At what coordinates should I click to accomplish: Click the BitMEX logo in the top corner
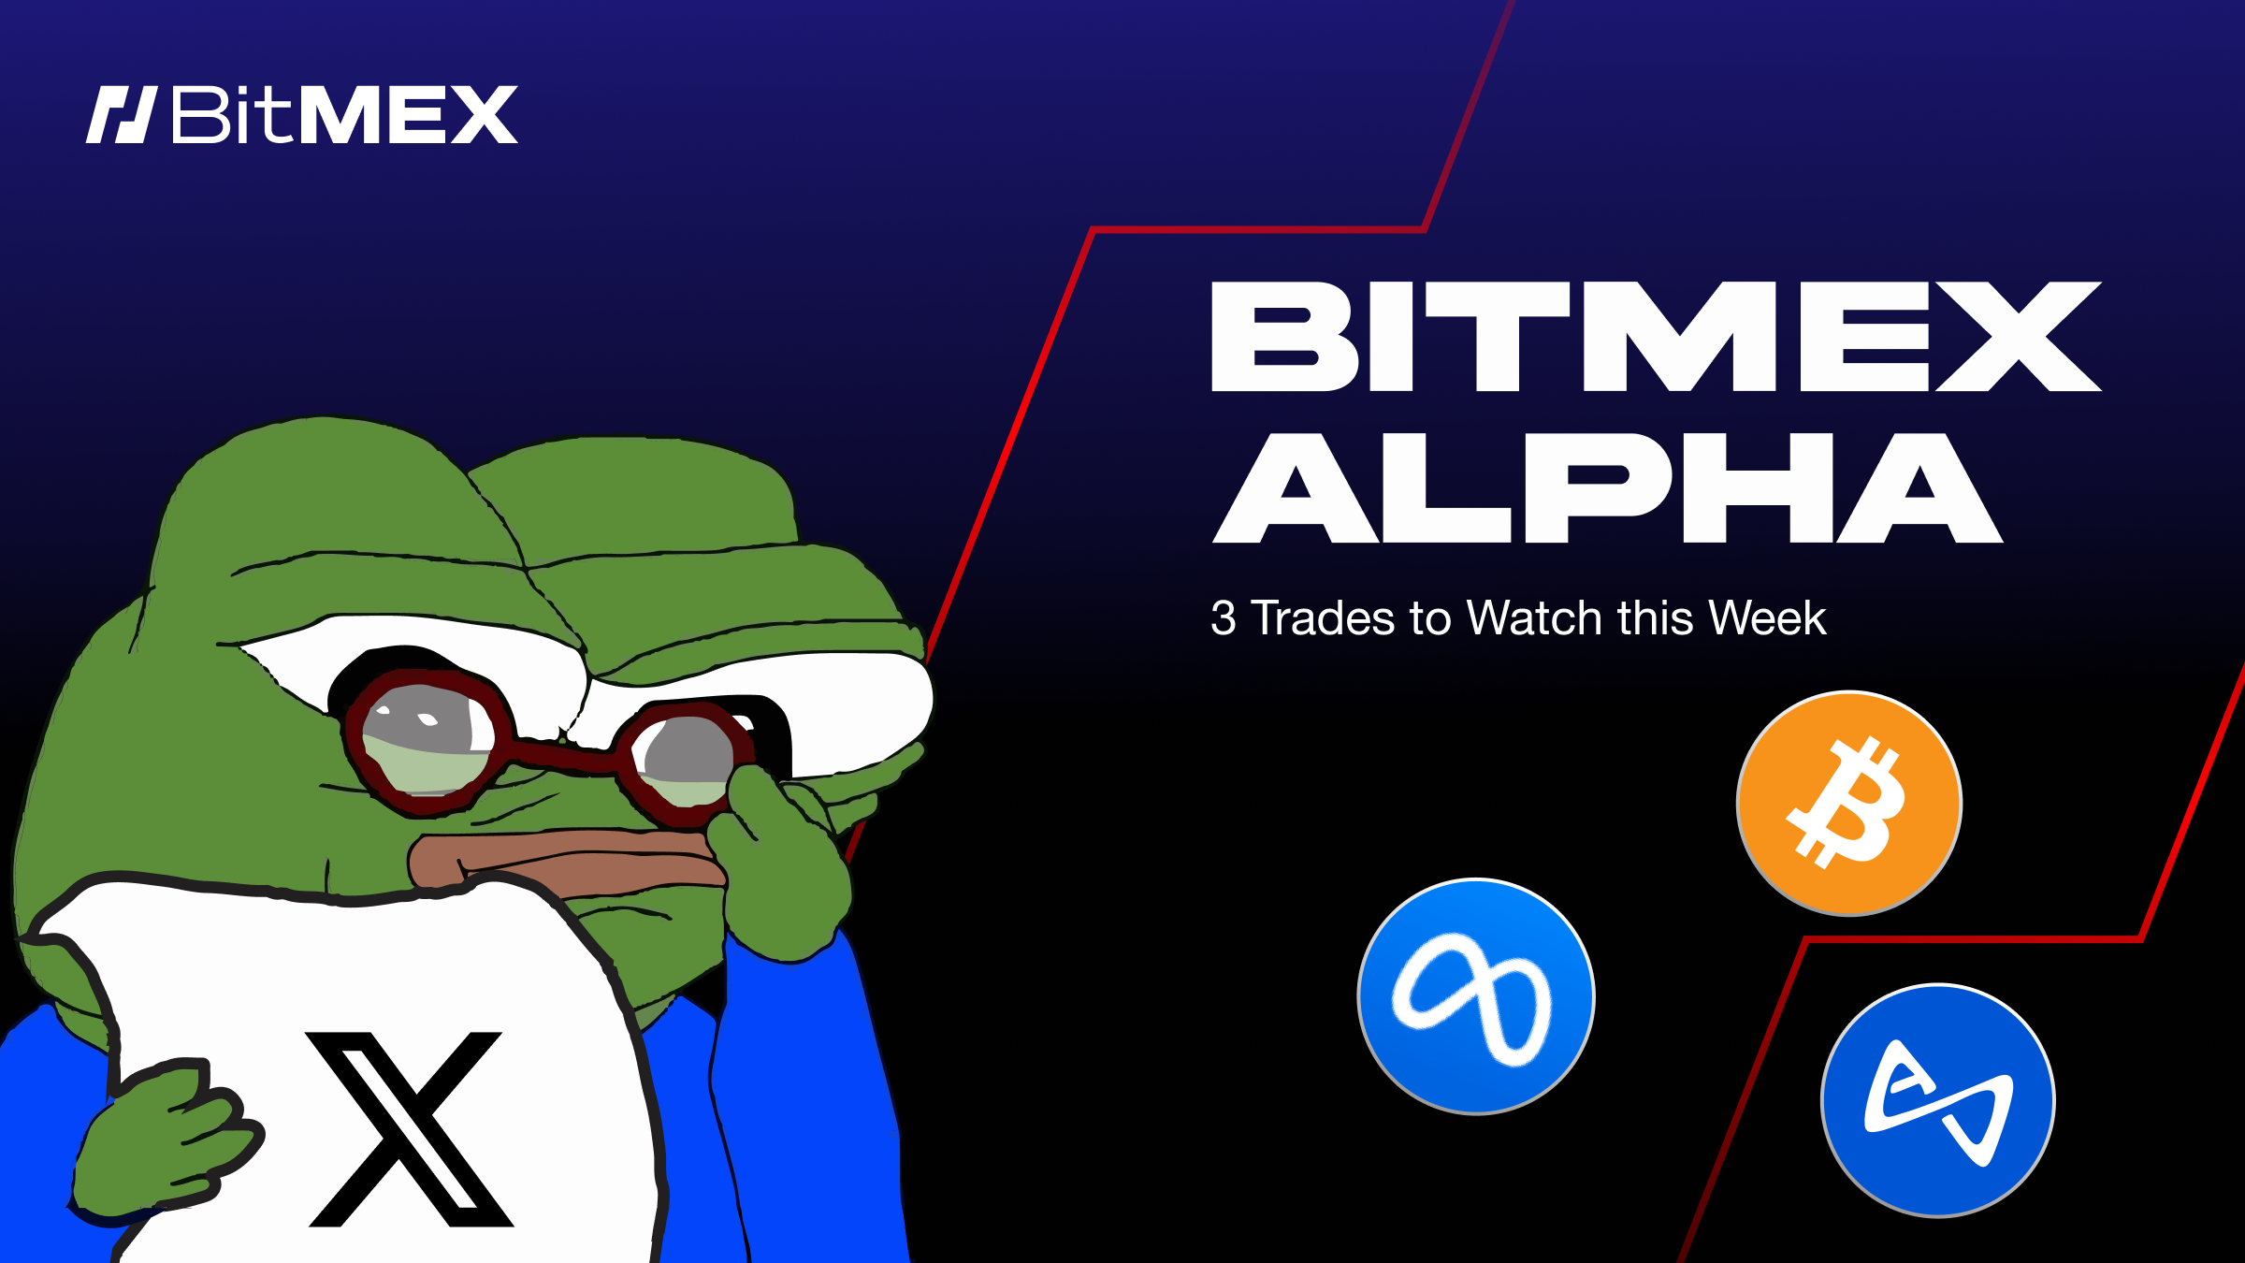click(x=301, y=115)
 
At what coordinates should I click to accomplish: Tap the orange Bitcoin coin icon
click(x=1848, y=804)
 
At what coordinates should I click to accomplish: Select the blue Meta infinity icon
click(x=1476, y=996)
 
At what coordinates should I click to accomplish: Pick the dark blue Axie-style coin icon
click(x=1937, y=1101)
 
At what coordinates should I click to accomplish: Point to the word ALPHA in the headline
click(x=1607, y=488)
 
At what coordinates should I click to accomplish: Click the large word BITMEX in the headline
click(x=1656, y=337)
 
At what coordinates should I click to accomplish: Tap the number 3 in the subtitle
click(x=1224, y=618)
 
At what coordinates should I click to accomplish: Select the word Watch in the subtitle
click(x=1534, y=618)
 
